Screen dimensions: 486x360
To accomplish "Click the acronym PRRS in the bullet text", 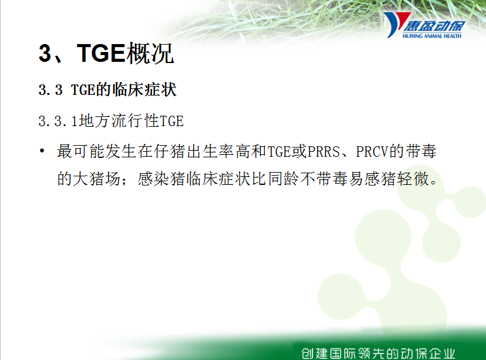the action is pyautogui.click(x=324, y=152).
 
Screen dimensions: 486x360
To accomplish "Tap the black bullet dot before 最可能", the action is pyautogui.click(x=42, y=151).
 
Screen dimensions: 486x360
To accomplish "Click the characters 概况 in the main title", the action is pyautogui.click(x=150, y=53).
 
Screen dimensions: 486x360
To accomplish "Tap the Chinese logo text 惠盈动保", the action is pyautogui.click(x=434, y=26).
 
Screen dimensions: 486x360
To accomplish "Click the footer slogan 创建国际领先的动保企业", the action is pyautogui.click(x=379, y=353).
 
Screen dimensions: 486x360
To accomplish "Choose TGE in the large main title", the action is pyautogui.click(x=101, y=53).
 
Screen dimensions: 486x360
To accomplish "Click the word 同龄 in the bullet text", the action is pyautogui.click(x=284, y=179).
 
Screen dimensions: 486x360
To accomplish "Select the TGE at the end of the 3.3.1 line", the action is pyautogui.click(x=172, y=121).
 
